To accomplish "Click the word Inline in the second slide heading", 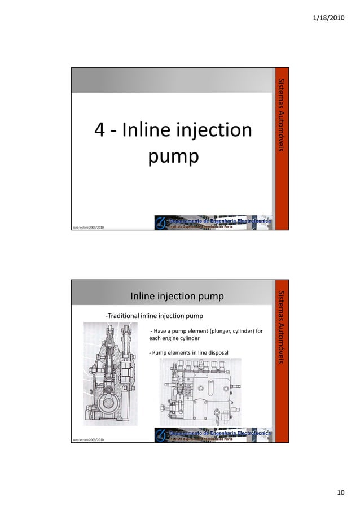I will coord(144,297).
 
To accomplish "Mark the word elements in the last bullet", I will coord(177,352).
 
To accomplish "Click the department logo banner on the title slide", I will coord(214,221).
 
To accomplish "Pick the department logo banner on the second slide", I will coord(214,434).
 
